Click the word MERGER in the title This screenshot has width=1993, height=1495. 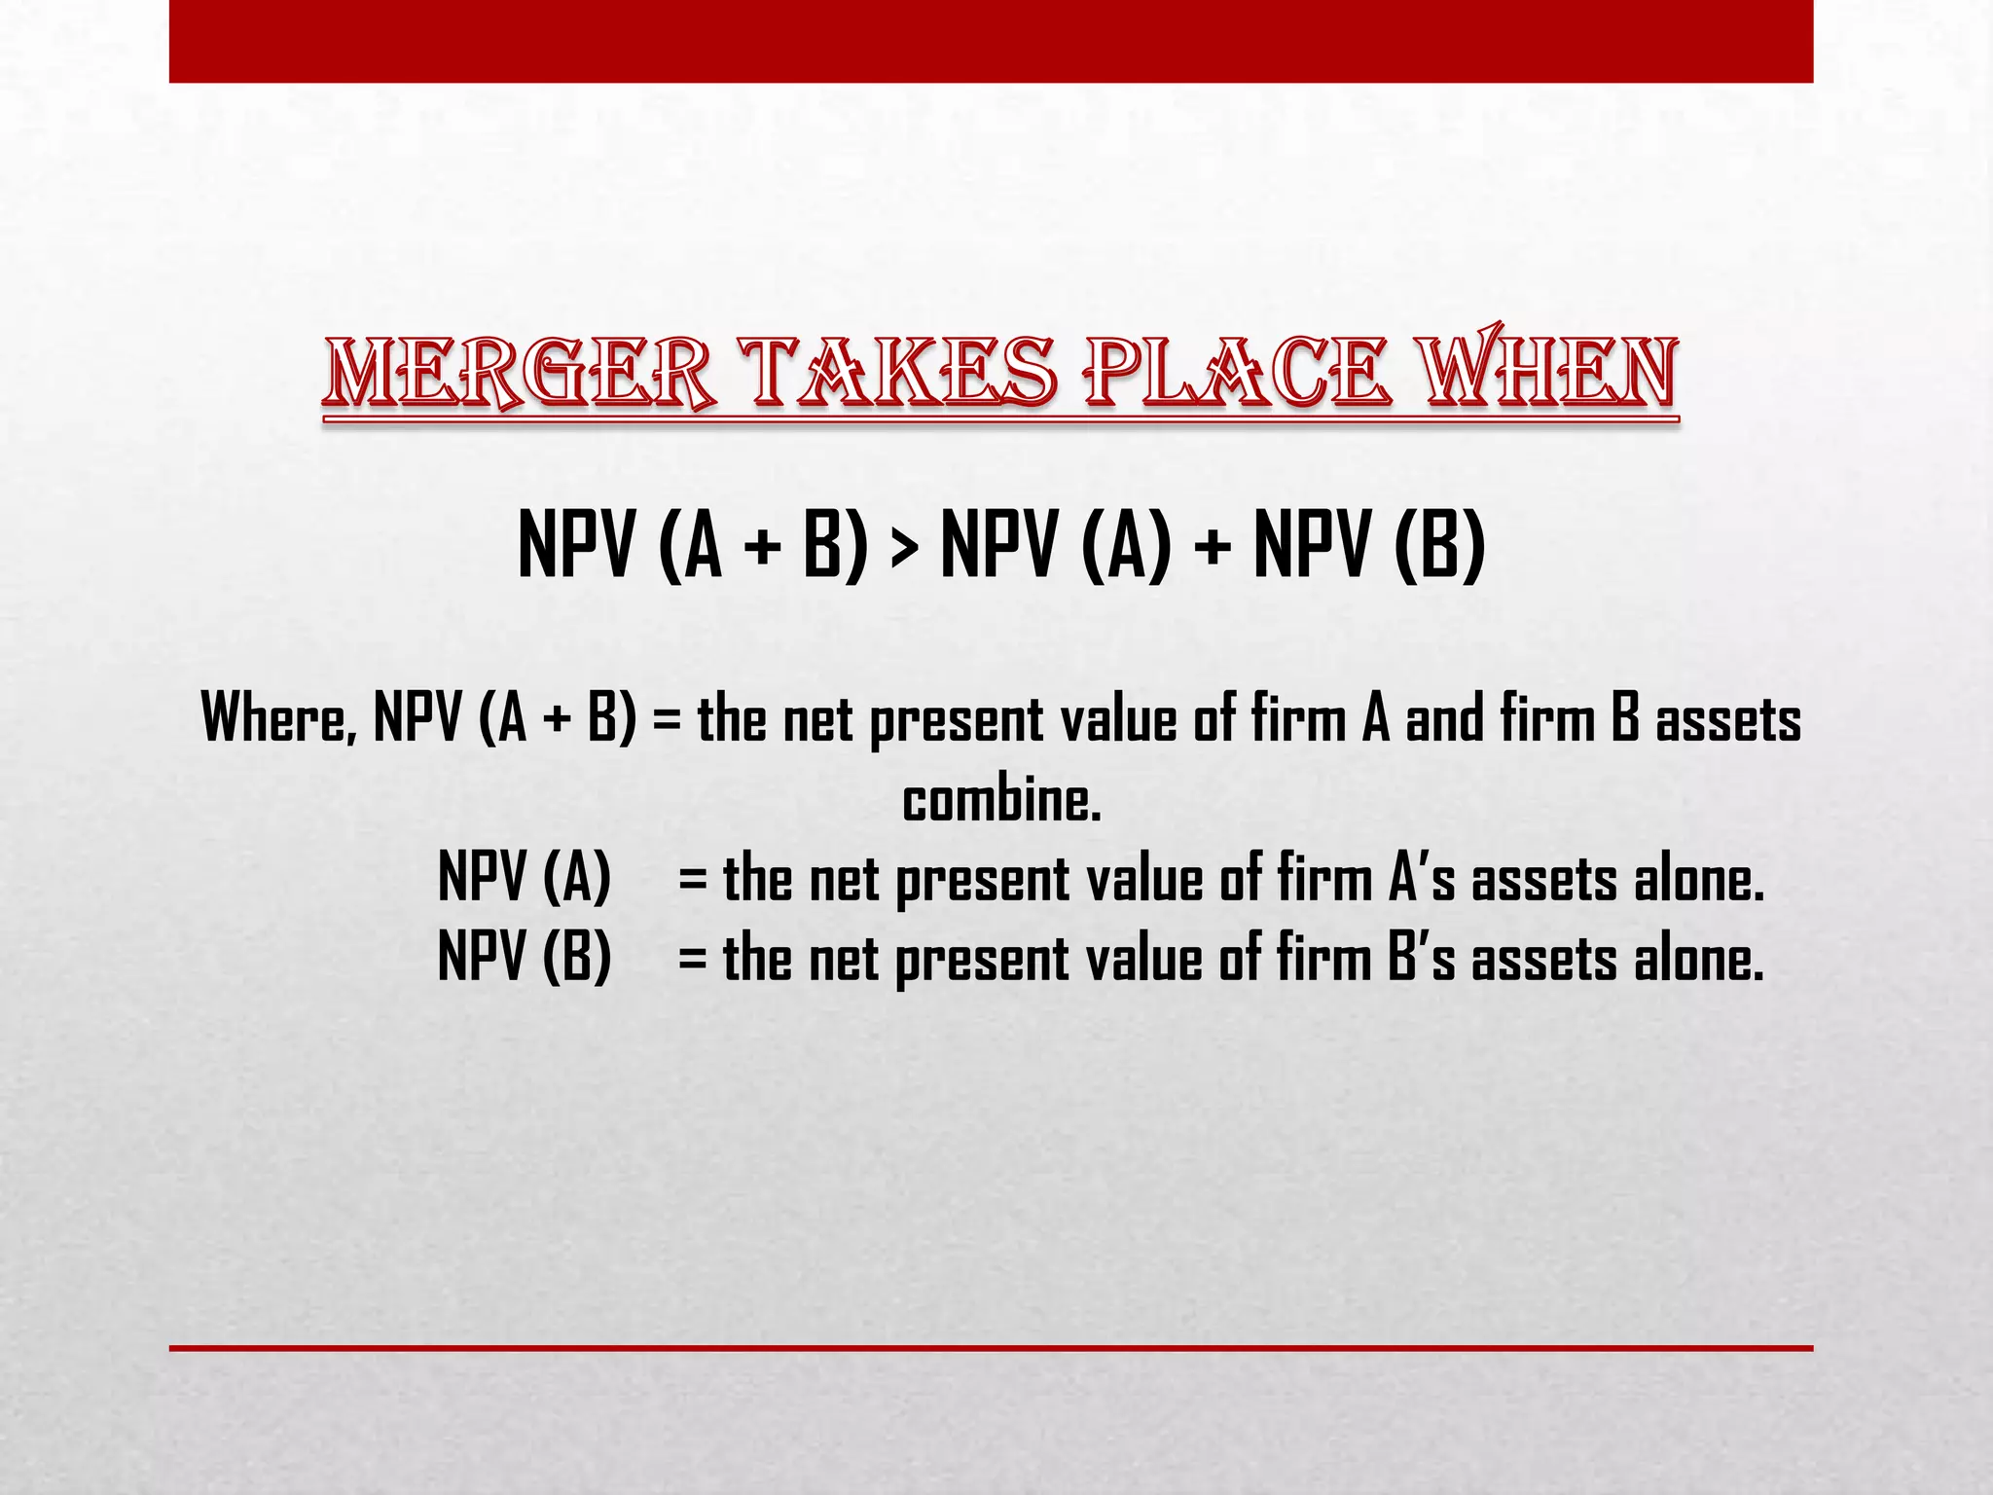[519, 374]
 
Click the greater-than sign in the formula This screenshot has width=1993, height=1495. [903, 547]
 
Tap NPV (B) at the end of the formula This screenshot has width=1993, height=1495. [1369, 547]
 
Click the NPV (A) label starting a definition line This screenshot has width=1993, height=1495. [525, 878]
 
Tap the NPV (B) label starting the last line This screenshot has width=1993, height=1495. [525, 958]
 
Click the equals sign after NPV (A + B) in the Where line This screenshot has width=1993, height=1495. [668, 720]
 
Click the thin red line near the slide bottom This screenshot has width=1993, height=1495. [991, 1348]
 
